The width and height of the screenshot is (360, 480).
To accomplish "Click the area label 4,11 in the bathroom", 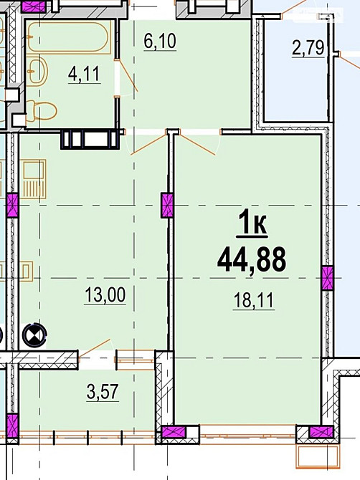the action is tap(84, 75).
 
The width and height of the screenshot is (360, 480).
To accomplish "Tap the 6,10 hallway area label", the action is tap(160, 42).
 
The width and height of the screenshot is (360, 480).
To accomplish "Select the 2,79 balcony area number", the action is tap(308, 49).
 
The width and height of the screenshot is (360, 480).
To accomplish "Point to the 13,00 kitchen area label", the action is tap(105, 295).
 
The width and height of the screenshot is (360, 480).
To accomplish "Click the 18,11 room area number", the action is tap(254, 301).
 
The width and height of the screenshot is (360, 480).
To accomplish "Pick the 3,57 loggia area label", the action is tap(103, 392).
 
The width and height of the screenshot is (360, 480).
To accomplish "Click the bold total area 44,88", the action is tap(252, 260).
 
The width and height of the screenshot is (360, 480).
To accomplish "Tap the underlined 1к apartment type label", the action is tap(252, 224).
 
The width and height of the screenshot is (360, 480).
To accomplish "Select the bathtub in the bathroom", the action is tap(68, 37).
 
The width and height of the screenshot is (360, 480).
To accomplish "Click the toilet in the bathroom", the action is tap(42, 110).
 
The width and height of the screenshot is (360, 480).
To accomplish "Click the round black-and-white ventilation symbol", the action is tap(34, 335).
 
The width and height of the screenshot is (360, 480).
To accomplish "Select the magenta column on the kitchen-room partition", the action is tap(167, 205).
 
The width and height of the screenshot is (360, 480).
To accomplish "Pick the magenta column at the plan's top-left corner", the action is tap(33, 6).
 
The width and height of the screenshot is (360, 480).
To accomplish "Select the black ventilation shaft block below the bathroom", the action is tap(90, 139).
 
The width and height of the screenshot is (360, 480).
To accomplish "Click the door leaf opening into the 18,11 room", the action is tap(197, 143).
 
